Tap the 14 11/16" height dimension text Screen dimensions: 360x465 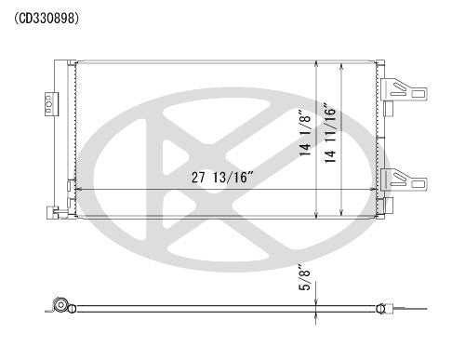point(333,137)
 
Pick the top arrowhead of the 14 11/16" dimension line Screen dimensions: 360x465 point(344,63)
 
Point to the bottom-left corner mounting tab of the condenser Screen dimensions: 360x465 point(60,213)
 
